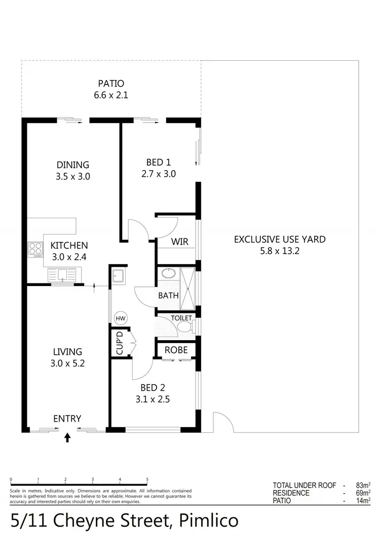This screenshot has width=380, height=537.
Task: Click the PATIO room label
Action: tap(110, 84)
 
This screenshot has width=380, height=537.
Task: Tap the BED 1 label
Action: tap(158, 162)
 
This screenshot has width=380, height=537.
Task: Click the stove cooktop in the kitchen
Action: tap(35, 249)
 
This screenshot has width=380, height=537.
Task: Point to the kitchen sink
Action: tap(61, 275)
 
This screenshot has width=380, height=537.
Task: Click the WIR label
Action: tap(179, 242)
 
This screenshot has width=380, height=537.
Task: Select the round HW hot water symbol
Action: tap(121, 318)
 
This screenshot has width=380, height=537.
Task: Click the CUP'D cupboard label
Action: tap(120, 343)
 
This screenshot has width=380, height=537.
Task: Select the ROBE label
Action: tap(176, 350)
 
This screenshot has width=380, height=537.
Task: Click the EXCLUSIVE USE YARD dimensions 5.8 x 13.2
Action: tap(280, 251)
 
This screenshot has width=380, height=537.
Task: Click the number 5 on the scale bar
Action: tap(147, 479)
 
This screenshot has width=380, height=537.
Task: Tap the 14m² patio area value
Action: tap(363, 501)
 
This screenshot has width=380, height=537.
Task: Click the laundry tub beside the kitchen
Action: tap(119, 276)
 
